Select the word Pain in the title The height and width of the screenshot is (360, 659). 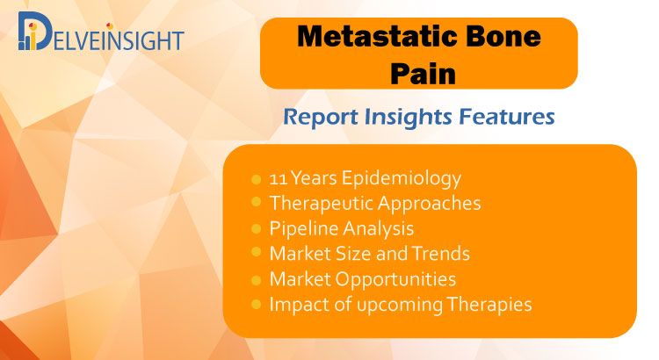[423, 74]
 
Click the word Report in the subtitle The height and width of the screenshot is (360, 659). [321, 117]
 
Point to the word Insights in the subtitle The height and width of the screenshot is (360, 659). [408, 117]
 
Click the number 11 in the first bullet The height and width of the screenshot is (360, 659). [278, 178]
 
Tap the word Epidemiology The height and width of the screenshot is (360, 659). [401, 179]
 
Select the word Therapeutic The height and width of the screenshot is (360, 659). [322, 205]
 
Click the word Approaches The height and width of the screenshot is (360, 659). [429, 205]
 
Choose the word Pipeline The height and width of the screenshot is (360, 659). [303, 229]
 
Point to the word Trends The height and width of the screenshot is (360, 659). [440, 254]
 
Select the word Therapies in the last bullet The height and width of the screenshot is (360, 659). [489, 305]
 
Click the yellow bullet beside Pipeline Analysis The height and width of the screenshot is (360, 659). [256, 229]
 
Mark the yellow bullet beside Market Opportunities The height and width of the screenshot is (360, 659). [256, 280]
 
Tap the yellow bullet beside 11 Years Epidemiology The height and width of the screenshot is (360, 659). [256, 180]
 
